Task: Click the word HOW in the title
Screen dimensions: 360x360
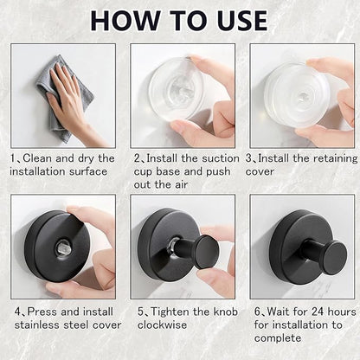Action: pos(125,21)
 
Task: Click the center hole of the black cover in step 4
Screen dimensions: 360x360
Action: pos(61,247)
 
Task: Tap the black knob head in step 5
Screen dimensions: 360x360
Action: pos(205,252)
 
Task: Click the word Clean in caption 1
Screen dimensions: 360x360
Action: pos(37,158)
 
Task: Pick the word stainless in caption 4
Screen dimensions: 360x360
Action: pos(36,325)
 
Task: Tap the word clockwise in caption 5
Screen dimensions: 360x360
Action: pos(162,325)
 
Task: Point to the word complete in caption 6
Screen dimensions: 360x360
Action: pos(278,338)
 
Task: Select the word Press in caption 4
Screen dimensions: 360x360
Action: pos(42,312)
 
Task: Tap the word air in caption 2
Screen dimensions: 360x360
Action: pos(180,185)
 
